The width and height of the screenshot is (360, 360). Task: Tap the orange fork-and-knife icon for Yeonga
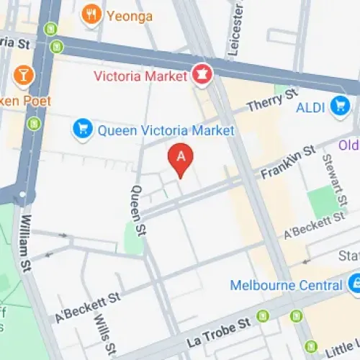point(91,14)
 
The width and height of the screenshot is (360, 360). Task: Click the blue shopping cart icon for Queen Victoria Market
point(83,130)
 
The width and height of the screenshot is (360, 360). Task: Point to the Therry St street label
point(271,101)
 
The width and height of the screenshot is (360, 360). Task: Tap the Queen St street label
point(137,202)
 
